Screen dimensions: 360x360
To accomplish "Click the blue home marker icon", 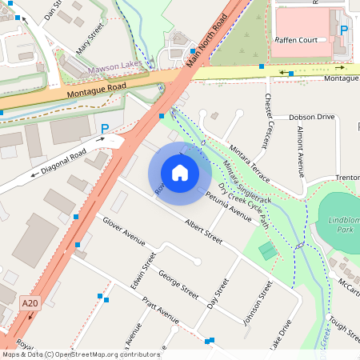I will tap(180, 172).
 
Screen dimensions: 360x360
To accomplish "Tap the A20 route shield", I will tap(30, 303).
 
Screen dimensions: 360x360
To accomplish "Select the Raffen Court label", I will tap(302, 39).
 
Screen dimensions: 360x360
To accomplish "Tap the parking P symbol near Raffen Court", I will tap(344, 30).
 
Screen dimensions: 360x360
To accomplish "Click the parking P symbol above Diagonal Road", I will tap(105, 128).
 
